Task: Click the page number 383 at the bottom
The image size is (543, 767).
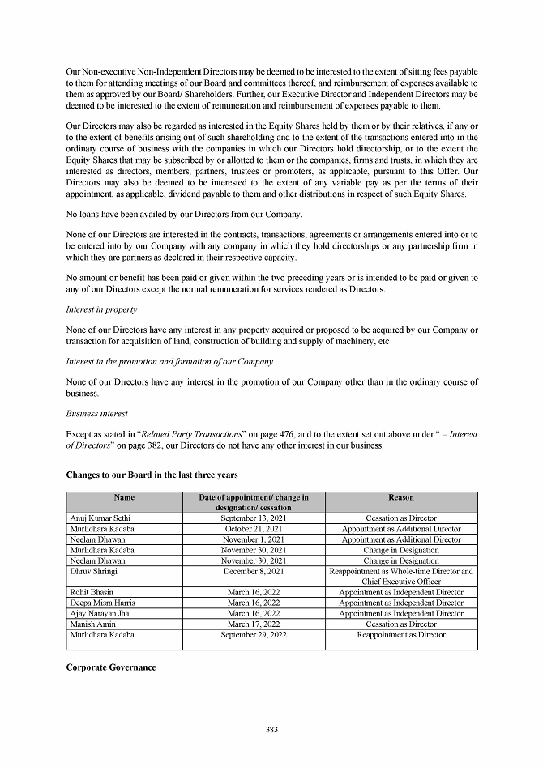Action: coord(271,729)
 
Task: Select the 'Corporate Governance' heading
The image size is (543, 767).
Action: coord(110,667)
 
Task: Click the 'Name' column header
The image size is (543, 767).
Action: coord(124,497)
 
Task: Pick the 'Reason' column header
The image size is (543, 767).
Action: coord(401,497)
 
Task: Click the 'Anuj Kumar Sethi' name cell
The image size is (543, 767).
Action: coord(96,518)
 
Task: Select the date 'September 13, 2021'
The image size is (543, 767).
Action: coord(254,518)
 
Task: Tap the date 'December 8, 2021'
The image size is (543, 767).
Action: coord(254,571)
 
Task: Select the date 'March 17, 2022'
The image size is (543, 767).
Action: coord(254,624)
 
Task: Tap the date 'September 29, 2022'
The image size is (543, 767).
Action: coord(254,634)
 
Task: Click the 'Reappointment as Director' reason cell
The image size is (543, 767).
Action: coord(401,634)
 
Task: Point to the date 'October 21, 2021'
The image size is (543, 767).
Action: coord(254,528)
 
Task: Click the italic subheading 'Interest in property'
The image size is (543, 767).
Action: coord(101,309)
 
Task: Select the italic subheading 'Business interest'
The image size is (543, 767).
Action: coord(96,413)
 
